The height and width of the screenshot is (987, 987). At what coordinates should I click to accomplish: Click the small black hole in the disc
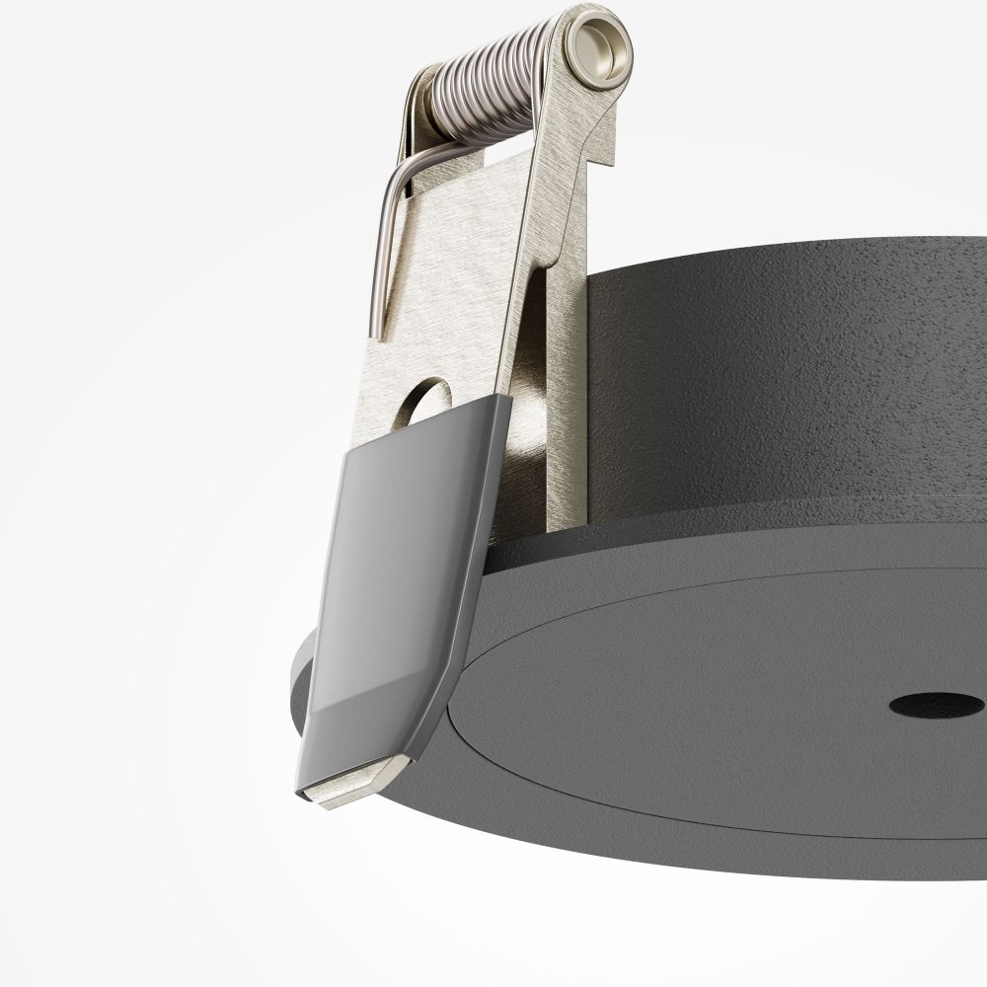[936, 705]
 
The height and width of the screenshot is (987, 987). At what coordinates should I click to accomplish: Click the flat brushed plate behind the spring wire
[454, 276]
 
